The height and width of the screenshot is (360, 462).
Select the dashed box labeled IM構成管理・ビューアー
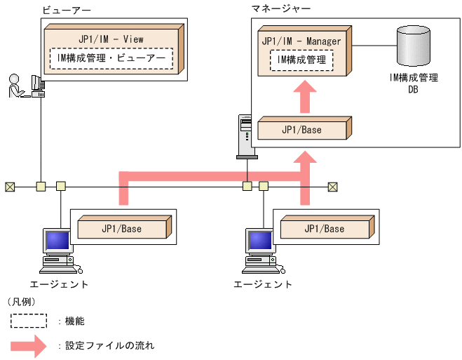coord(111,58)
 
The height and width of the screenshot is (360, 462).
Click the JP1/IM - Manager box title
coord(301,41)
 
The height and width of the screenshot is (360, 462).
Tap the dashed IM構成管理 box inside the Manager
coord(301,60)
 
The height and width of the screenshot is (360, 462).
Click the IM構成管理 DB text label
coord(413,84)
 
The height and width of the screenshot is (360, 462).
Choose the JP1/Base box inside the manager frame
coord(302,131)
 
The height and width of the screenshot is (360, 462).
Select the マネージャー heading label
coord(281,8)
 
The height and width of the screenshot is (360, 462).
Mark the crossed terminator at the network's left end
coord(9,187)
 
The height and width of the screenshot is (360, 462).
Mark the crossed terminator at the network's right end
coord(332,187)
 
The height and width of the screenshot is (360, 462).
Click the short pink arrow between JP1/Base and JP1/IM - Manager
coord(303,97)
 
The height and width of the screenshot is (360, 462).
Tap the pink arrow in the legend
coord(32,345)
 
